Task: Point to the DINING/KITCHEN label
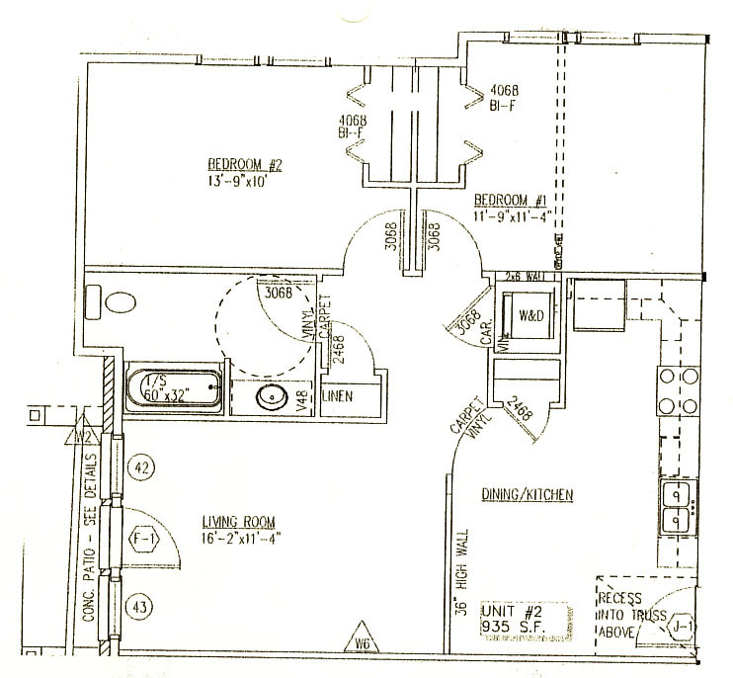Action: coord(528,494)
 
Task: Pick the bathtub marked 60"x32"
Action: coord(175,388)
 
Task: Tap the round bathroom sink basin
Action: coord(271,398)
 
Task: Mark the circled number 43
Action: coord(142,606)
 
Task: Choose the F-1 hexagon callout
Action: coord(144,539)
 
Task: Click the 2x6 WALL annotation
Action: coord(526,275)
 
